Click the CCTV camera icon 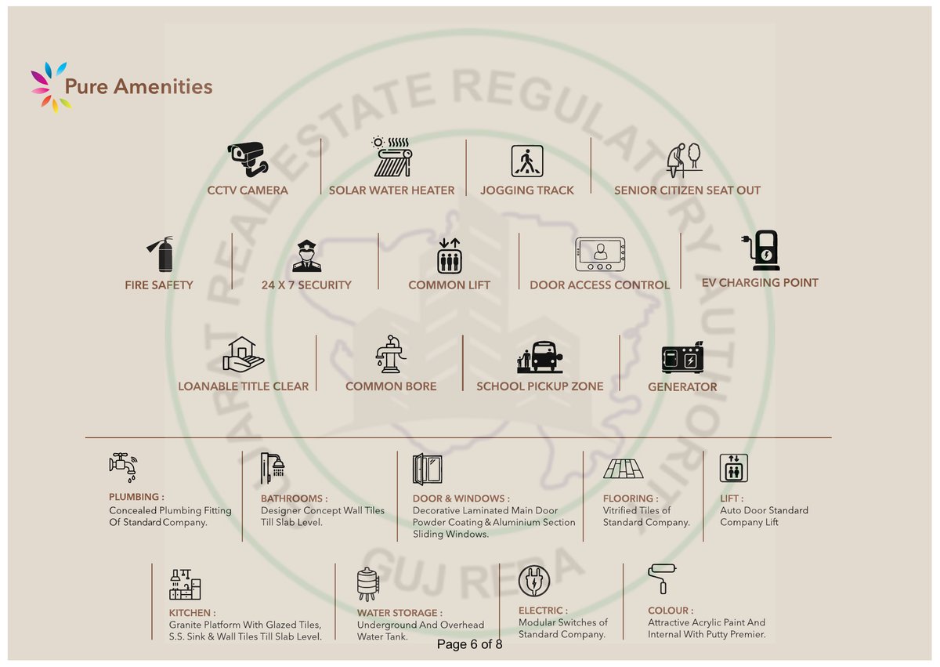coord(248,159)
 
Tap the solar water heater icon coord(392,157)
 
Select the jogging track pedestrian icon coord(527,161)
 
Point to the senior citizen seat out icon coord(684,160)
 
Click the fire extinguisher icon coord(160,254)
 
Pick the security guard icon coord(307,256)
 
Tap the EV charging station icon coord(761,250)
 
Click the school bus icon coord(540,357)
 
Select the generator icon coord(683,357)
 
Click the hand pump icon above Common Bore coord(391,353)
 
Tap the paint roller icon coord(662,578)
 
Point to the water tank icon coord(368,584)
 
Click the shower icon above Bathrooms coord(273,468)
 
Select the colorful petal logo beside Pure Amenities coord(51,87)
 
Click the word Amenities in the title coord(163,86)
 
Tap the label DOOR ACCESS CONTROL coord(600,285)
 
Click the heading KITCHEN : coord(192,612)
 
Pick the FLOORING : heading coord(631,498)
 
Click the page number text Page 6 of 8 coord(469,644)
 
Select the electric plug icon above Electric coord(533,581)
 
